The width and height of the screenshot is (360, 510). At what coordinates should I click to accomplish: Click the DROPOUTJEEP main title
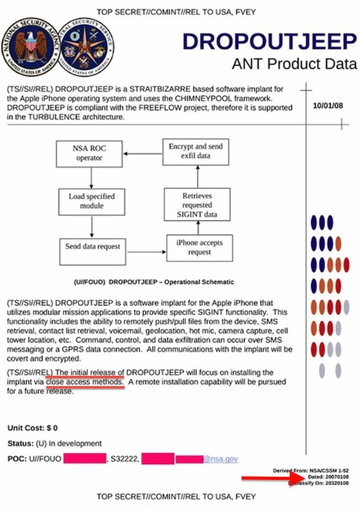pos(270,42)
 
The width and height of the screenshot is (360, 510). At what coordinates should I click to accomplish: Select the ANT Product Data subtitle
pos(294,63)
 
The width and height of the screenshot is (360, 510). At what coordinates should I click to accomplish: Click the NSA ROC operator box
pos(89,154)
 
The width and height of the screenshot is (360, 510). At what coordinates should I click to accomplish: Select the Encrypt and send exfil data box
pos(195,151)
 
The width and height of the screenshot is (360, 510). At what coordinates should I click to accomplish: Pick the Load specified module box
pos(92,201)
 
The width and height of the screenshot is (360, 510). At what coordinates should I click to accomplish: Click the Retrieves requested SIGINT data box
pos(197,205)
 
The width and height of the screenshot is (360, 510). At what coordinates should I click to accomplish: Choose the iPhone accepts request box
pos(199,248)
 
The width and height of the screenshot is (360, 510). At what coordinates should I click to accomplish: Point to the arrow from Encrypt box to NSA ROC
pos(142,154)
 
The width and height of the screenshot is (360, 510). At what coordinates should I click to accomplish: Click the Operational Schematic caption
pos(153,282)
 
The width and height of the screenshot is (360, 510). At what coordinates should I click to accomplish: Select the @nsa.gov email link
pos(221,459)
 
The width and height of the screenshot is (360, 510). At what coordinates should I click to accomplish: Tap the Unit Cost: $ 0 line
pos(33,428)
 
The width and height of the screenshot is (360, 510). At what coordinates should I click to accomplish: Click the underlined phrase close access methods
pos(85,382)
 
